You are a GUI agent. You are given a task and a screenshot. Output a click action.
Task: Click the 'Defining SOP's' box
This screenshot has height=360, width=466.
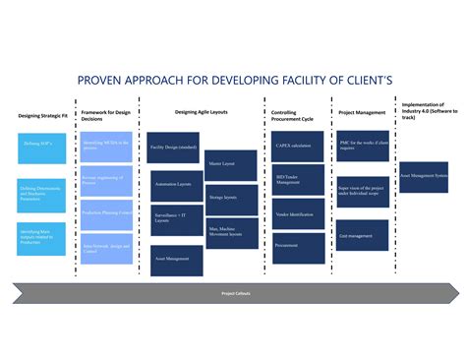pos(41,145)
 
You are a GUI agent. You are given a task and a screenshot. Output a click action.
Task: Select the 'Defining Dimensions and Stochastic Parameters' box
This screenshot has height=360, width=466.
pos(41,195)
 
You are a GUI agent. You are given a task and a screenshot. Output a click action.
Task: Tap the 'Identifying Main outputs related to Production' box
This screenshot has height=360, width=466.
pos(41,237)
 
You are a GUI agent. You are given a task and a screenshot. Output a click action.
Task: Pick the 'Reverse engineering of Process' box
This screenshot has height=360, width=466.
pos(106,179)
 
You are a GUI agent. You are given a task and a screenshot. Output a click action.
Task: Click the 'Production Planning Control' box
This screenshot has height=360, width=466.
pos(106,211)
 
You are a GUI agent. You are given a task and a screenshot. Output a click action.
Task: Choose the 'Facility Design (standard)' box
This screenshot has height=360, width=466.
pos(173,148)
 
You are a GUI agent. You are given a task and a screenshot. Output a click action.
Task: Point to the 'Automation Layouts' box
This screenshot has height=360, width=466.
pos(177,185)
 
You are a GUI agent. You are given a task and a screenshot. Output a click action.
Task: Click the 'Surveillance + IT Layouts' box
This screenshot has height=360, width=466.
pos(177,218)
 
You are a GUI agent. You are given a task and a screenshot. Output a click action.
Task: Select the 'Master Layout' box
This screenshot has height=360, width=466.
pos(232,163)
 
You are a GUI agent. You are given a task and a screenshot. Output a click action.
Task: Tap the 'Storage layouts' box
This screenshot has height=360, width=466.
pos(232,198)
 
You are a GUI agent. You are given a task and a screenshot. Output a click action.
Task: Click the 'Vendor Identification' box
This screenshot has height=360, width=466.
pos(298,214)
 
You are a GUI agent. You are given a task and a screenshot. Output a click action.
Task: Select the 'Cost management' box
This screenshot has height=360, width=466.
pos(363,236)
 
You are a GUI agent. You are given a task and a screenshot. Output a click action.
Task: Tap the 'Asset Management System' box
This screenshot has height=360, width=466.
pos(424,176)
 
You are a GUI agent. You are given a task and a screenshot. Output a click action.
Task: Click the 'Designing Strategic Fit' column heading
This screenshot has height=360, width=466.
pos(42,116)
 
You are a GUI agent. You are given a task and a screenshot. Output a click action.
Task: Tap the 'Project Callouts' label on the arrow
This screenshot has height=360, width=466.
pos(234,293)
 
